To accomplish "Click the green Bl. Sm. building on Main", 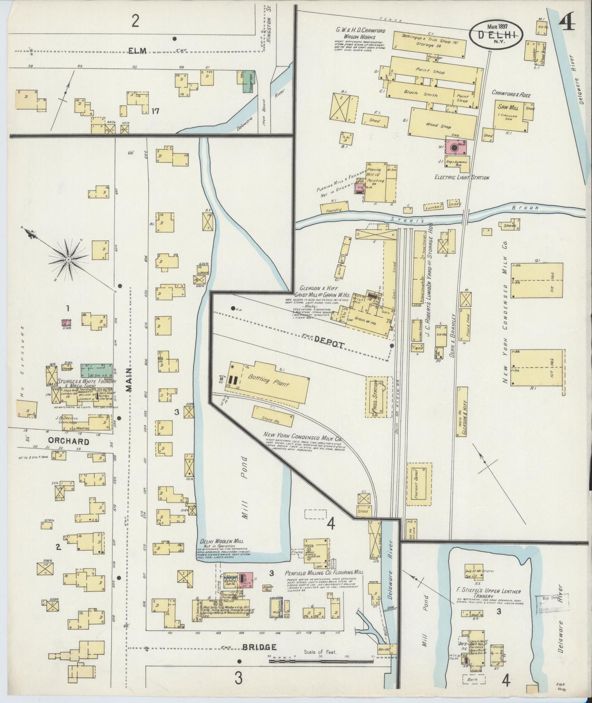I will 97,370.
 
